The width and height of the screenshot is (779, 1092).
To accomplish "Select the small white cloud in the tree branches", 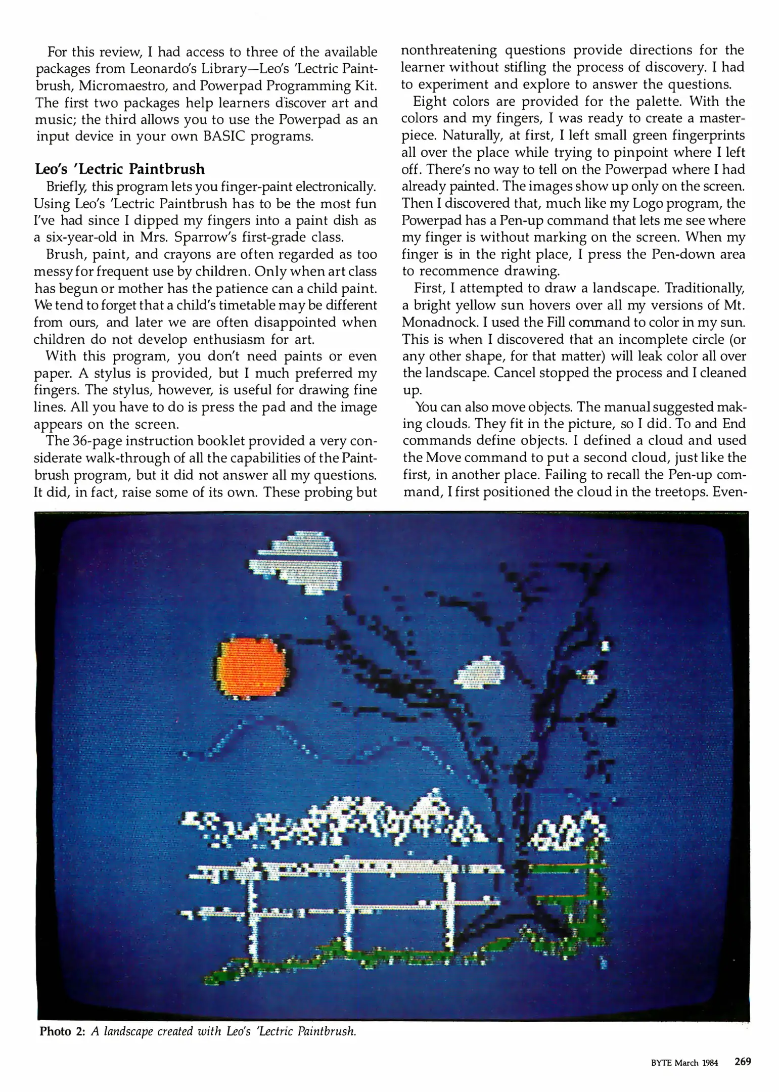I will point(481,673).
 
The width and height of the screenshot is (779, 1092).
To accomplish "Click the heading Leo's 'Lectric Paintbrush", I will point(119,169).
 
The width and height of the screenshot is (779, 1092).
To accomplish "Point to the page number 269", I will point(743,1062).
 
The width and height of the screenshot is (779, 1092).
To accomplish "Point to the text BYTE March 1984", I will point(684,1062).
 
